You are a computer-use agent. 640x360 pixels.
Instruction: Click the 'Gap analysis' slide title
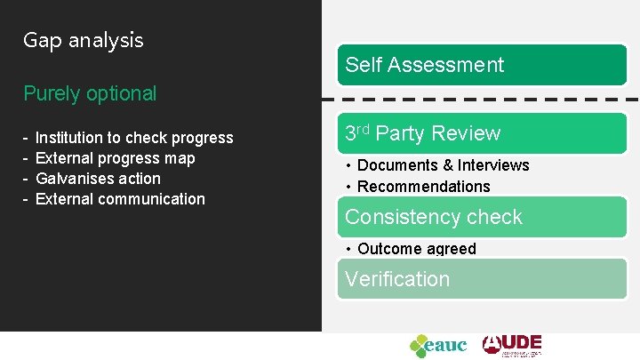[x=83, y=40]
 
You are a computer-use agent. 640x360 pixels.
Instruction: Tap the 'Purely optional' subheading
[x=90, y=93]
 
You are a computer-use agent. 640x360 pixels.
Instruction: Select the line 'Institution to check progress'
[x=133, y=138]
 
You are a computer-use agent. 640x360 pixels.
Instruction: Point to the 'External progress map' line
[x=115, y=158]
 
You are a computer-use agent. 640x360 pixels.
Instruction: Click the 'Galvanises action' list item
[x=98, y=179]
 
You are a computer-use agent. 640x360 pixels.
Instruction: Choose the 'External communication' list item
[x=120, y=199]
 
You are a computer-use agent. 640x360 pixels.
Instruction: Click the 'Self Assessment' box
[x=482, y=65]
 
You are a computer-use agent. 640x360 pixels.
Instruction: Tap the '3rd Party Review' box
[x=482, y=133]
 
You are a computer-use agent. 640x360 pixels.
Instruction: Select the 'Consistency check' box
[x=482, y=217]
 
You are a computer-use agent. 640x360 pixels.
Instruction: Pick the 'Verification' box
[x=482, y=279]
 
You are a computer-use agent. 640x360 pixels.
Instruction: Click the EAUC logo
[x=438, y=345]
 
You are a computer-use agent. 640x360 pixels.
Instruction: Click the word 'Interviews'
[x=493, y=165]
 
